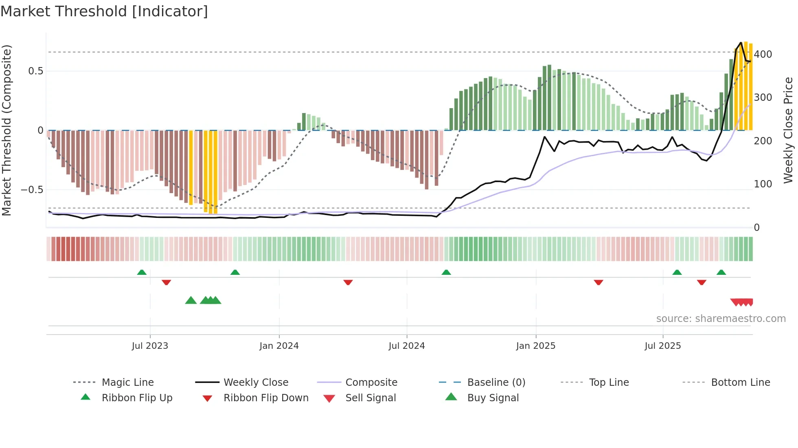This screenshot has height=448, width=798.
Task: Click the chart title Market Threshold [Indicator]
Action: pos(104,11)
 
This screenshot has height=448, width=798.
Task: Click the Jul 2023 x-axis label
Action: pos(150,346)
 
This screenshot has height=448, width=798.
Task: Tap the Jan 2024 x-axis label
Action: pos(279,346)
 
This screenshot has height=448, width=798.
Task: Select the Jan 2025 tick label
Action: pos(535,346)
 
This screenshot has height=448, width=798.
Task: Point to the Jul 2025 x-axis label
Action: pos(662,346)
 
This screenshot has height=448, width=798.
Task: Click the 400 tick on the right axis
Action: pos(763,54)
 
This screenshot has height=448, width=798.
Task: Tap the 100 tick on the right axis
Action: pos(763,184)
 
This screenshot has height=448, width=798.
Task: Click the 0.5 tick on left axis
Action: pos(35,71)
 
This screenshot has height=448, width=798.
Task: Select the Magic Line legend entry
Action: pos(127,383)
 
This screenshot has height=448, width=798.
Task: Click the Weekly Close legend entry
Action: pos(256,383)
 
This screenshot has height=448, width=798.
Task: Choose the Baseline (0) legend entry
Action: pos(496,383)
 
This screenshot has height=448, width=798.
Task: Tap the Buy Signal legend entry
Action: pos(493,398)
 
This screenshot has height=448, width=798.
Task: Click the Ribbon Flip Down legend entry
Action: pos(265,398)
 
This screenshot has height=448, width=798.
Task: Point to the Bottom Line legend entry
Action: pos(740,383)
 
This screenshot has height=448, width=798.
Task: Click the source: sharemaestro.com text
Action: pos(721,319)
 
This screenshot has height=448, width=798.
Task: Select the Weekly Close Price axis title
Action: pos(788,130)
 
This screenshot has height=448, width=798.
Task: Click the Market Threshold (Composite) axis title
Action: pos(7,130)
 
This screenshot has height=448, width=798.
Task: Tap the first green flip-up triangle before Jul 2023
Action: pos(142,272)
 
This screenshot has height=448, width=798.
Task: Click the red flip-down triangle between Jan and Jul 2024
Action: pos(348,282)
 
